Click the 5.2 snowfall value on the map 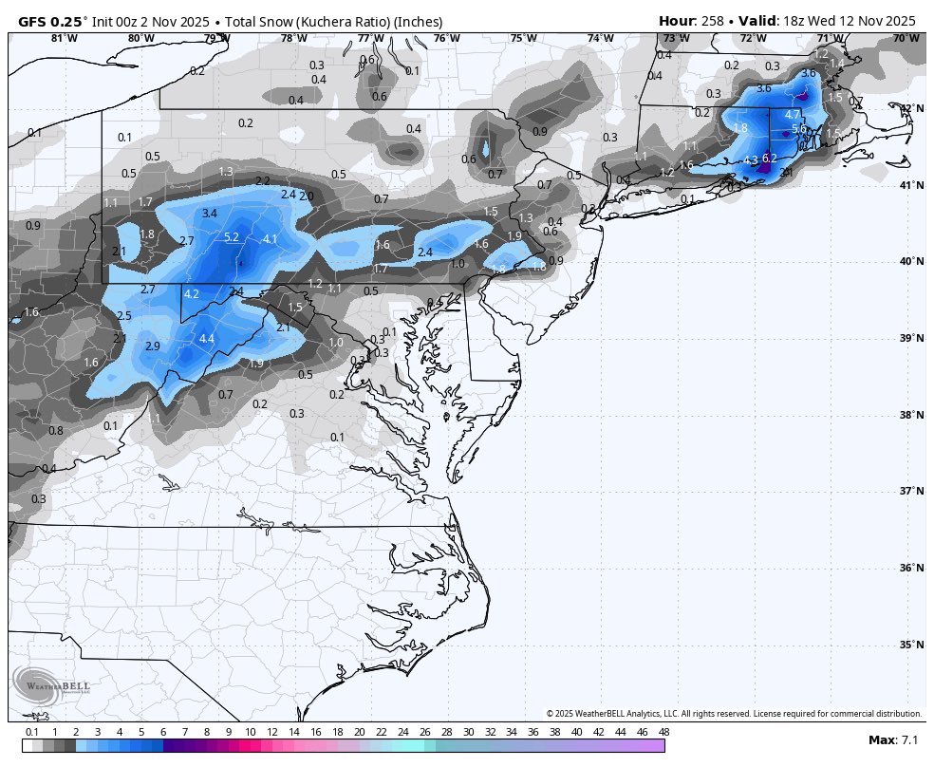coord(232,237)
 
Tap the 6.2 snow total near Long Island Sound coord(770,159)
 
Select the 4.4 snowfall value coord(207,339)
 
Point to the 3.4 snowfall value coord(210,214)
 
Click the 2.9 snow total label coord(153,346)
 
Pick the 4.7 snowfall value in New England coord(794,114)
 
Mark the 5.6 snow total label coord(799,129)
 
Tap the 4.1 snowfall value coord(270,239)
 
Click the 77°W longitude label coord(370,39)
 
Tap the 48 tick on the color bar coord(663,732)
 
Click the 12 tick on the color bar coord(272,732)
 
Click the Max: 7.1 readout coord(893,739)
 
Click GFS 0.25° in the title coord(52,21)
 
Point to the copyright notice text coord(734,713)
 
